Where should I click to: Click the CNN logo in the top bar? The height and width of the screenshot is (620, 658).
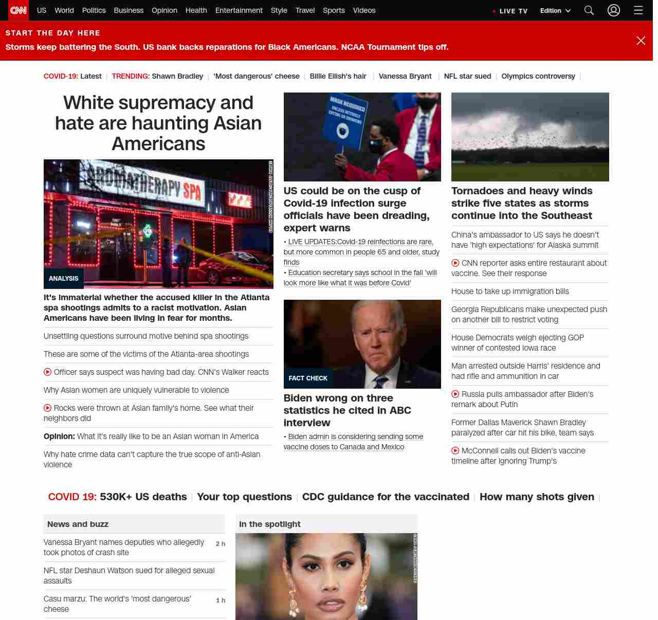point(19,10)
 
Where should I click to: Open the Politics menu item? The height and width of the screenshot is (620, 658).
point(94,10)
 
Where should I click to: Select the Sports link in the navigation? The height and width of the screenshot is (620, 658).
point(334,10)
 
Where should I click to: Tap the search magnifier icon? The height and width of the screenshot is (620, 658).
point(589,10)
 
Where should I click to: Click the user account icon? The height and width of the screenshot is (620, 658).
point(614,10)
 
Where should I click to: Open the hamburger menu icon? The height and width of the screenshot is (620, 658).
point(638,10)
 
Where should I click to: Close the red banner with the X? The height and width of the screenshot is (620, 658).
point(641,41)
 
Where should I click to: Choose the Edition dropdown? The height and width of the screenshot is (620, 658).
point(555,11)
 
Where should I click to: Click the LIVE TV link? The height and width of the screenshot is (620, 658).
point(510,11)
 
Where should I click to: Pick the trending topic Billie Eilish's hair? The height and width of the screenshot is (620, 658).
point(338,76)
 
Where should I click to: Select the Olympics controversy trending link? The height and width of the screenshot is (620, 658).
point(538,76)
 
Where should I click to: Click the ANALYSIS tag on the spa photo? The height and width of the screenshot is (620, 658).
point(64,279)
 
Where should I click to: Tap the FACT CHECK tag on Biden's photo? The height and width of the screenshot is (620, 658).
point(308,378)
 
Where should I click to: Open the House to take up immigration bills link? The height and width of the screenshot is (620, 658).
point(510,291)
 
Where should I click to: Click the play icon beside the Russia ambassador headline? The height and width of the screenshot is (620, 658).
point(455,394)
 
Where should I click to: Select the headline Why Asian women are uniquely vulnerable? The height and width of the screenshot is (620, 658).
point(136,390)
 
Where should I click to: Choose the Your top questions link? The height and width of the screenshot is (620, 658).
point(244,497)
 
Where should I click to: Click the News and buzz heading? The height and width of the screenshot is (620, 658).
point(78,524)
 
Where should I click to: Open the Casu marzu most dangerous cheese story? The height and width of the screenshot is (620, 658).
point(117,604)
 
